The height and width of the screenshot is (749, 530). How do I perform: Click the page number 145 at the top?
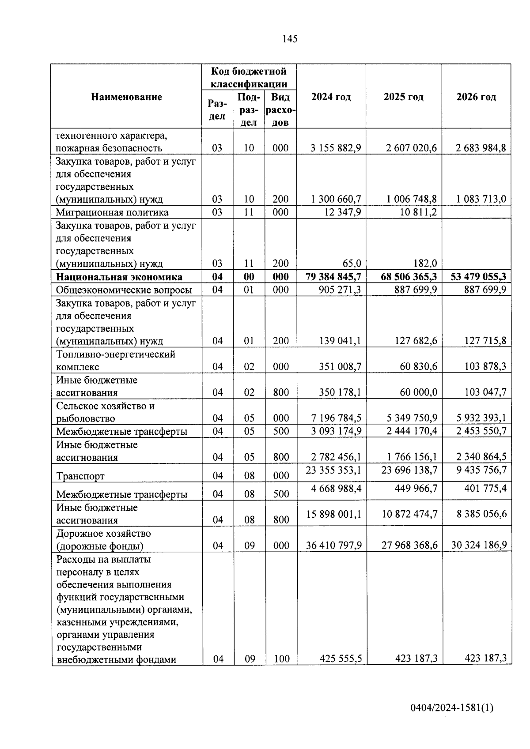290,39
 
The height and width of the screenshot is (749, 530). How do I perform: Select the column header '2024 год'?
331,97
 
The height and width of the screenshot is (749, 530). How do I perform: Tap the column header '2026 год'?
476,97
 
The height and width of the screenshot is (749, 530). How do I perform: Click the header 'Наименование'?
126,97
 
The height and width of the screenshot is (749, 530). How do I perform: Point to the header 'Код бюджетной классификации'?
249,78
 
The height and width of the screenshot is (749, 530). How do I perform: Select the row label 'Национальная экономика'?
119,277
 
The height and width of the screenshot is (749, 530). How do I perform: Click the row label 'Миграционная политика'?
112,212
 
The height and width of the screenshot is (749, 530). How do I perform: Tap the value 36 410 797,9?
333,546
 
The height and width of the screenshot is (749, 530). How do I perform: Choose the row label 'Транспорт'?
80,476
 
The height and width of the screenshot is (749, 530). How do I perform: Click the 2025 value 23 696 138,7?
409,470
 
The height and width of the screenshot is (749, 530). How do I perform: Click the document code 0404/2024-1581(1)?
451,708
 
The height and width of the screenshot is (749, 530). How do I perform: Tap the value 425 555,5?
341,659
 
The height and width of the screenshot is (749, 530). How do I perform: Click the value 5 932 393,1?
481,418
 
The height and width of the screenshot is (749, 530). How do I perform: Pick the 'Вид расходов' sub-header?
280,109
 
